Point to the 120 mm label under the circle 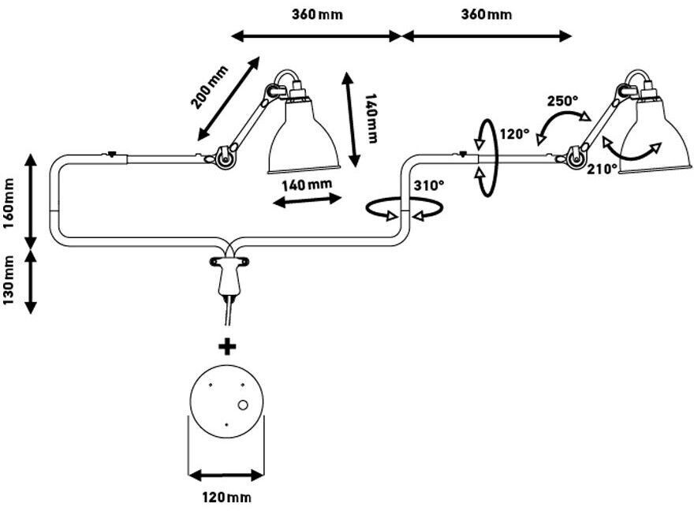pyautogui.click(x=227, y=497)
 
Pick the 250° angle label pyautogui.click(x=563, y=101)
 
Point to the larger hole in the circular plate pyautogui.click(x=243, y=405)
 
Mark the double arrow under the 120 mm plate pyautogui.click(x=227, y=476)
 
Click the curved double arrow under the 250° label pyautogui.click(x=562, y=124)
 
